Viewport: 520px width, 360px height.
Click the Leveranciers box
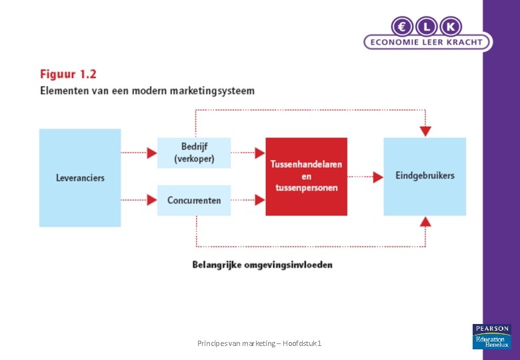[80, 178]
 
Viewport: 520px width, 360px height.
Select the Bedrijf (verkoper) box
[194, 153]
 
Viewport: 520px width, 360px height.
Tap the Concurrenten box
[194, 200]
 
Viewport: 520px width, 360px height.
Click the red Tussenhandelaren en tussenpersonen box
[306, 177]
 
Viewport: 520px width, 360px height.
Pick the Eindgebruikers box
[425, 176]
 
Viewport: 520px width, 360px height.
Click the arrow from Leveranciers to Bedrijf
[139, 153]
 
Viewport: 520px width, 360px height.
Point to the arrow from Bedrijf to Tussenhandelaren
[248, 153]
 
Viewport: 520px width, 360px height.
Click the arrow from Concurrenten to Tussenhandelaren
[248, 199]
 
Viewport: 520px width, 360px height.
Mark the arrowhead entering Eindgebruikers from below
[425, 221]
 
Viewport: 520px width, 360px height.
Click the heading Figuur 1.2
[68, 74]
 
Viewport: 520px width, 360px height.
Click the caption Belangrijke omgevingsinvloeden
[262, 265]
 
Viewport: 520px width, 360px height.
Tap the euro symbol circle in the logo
[403, 27]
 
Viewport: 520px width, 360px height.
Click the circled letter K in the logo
[451, 27]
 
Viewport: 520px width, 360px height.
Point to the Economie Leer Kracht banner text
[427, 42]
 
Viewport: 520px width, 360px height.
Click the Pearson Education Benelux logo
[491, 336]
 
